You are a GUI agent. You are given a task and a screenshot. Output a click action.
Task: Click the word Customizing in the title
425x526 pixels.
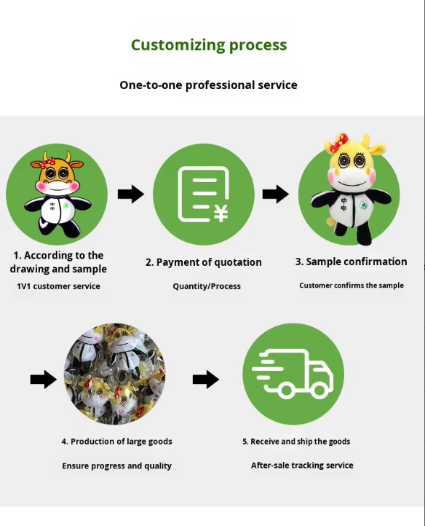point(178,45)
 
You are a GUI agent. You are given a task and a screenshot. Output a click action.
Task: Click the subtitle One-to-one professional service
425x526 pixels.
point(208,85)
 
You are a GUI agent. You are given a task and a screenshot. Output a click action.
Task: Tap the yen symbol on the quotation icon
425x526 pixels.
point(221,213)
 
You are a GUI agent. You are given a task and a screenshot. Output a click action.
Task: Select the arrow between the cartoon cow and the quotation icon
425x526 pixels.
point(131,194)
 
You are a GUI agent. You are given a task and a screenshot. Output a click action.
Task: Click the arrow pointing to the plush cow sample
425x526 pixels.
point(276,194)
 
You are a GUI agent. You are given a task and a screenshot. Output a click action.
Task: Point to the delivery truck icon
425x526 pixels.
point(293,374)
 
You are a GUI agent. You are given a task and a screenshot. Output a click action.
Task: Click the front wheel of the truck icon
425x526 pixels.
point(319,390)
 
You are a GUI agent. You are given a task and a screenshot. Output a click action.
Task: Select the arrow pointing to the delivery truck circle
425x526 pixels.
point(206,380)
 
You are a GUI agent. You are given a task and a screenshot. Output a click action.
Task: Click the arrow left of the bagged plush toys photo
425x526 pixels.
point(44,380)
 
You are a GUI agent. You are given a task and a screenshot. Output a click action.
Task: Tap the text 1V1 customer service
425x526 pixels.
point(59,286)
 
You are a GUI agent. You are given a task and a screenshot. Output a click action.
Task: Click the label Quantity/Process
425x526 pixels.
point(207,286)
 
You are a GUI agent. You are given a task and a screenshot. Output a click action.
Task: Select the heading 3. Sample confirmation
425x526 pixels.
point(351,262)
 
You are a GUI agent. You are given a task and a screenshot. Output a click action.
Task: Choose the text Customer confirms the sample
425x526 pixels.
point(351,286)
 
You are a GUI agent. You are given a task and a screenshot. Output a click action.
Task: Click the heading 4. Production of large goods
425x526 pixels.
point(116,441)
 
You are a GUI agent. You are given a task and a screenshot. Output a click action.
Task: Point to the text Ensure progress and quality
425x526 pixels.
point(116,466)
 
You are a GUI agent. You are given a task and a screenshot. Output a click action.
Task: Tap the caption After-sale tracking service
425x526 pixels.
point(302,466)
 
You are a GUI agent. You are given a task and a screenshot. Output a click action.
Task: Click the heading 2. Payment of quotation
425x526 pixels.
point(204,262)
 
